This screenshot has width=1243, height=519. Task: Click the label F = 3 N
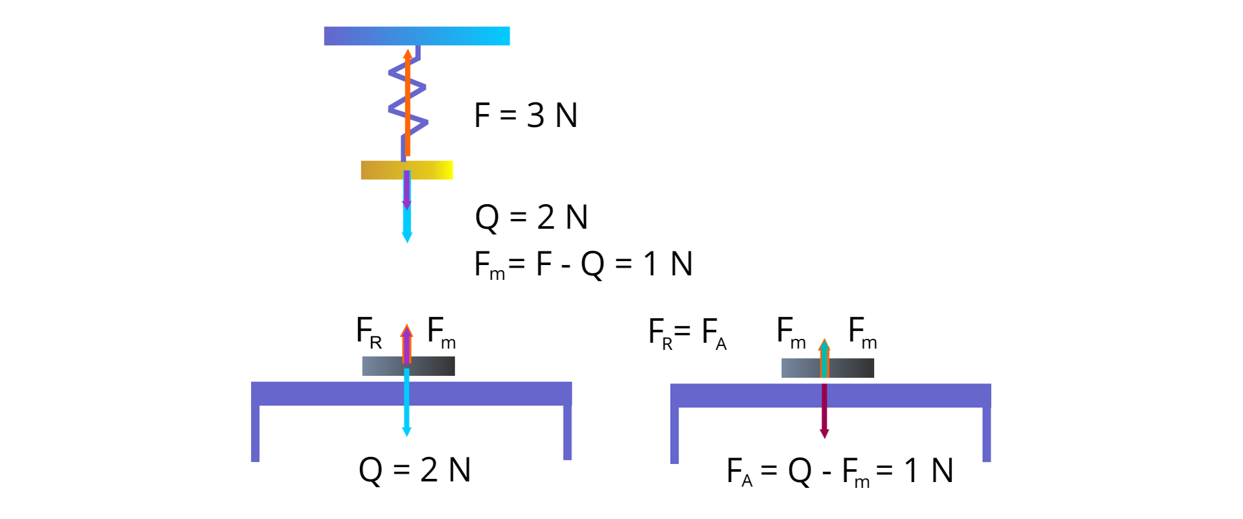526,115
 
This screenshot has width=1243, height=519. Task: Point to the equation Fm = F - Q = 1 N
583,264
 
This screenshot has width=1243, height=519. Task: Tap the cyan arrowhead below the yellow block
407,237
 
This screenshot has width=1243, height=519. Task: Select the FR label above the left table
368,332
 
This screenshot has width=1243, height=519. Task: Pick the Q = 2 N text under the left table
414,470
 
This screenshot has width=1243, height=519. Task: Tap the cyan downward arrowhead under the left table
407,431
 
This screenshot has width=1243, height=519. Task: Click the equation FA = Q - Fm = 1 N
840,471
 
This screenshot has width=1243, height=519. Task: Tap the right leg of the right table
987,434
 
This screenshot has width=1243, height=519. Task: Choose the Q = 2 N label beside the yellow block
532,217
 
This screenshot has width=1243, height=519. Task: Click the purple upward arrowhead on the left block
407,331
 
